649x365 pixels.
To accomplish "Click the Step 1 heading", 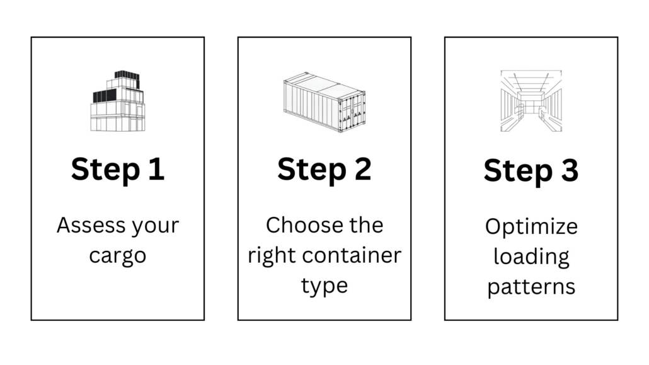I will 118,169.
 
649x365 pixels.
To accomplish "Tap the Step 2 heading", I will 324,169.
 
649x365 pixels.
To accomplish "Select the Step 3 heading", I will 531,170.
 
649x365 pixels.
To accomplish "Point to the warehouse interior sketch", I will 531,101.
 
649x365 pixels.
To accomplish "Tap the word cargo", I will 118,256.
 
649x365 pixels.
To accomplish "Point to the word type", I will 324,286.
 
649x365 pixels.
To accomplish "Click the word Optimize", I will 531,226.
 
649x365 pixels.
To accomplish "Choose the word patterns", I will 531,287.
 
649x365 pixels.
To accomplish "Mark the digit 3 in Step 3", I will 569,170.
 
